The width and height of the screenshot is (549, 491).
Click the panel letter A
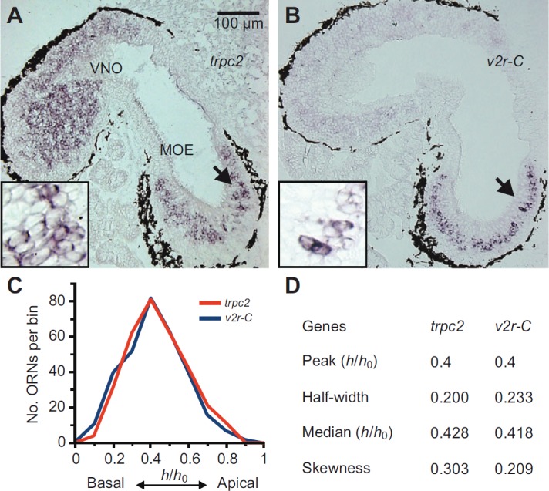[x=12, y=13]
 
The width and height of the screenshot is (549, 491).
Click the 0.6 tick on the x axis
[x=188, y=457]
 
